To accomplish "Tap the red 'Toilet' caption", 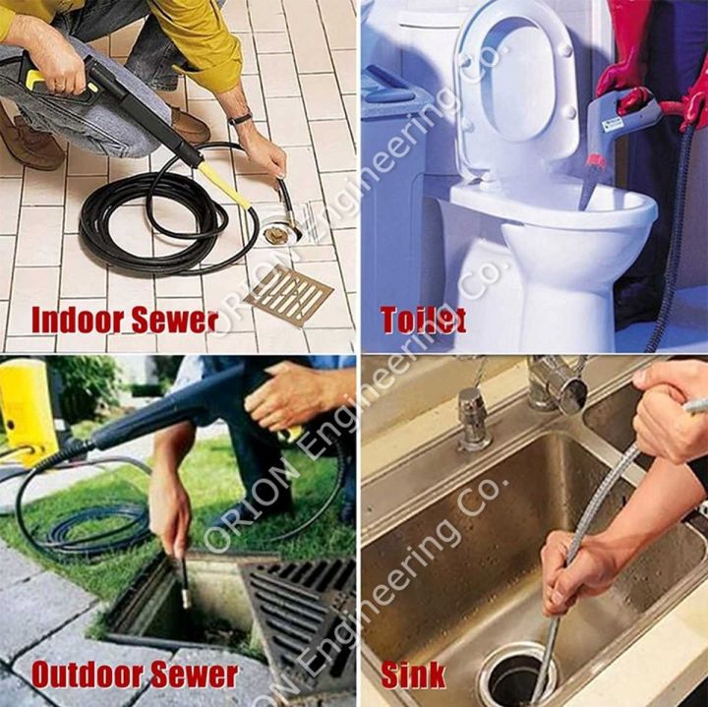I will [x=423, y=321].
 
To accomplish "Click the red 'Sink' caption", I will [x=413, y=675].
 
